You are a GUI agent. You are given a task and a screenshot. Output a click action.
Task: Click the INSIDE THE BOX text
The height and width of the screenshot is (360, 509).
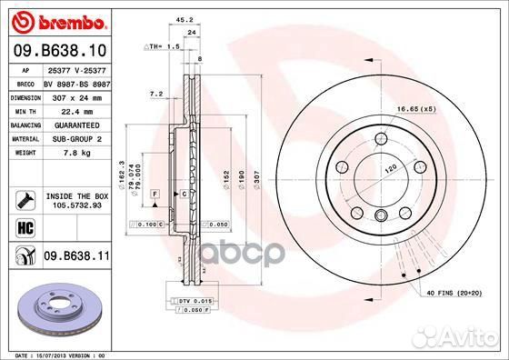coord(77,195)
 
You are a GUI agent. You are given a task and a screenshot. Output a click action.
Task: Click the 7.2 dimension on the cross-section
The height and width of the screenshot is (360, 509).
coord(155,93)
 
